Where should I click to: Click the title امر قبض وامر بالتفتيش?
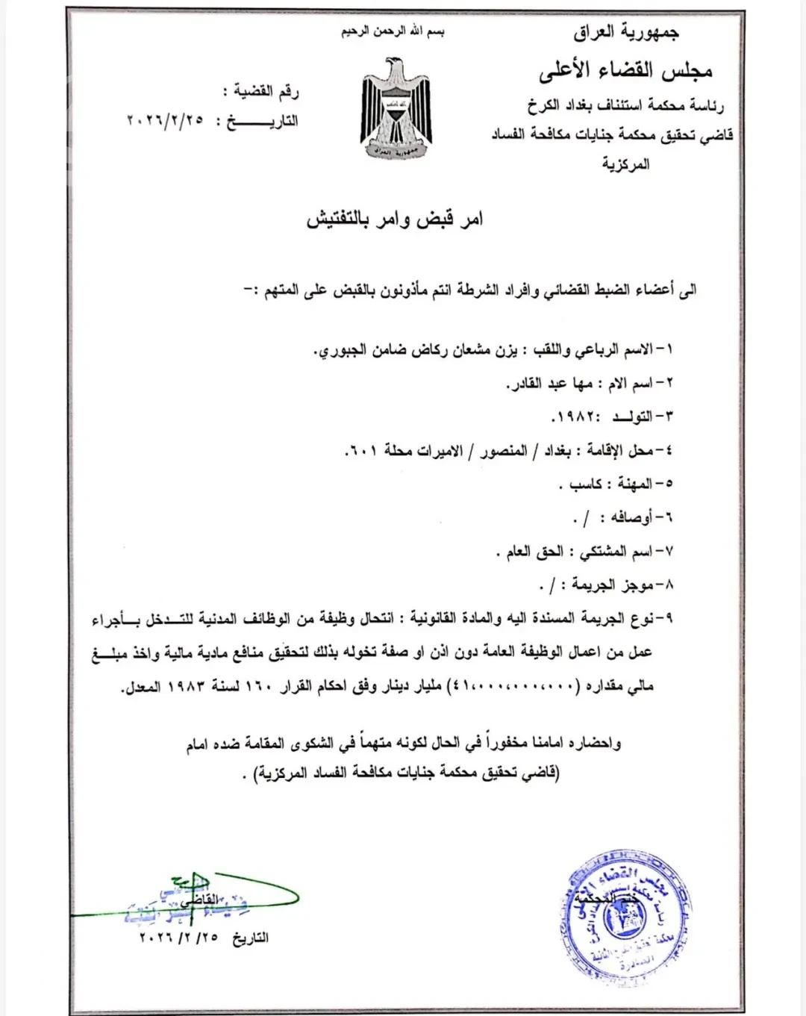395,219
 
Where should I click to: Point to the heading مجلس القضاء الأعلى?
625,71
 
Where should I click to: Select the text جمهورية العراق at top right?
626,32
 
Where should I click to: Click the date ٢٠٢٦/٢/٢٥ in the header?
165,121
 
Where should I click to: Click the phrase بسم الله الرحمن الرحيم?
393,32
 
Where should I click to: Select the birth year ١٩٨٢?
571,415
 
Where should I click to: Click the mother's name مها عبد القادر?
551,384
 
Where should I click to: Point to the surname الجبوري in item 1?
340,350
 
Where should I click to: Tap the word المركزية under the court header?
626,164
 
